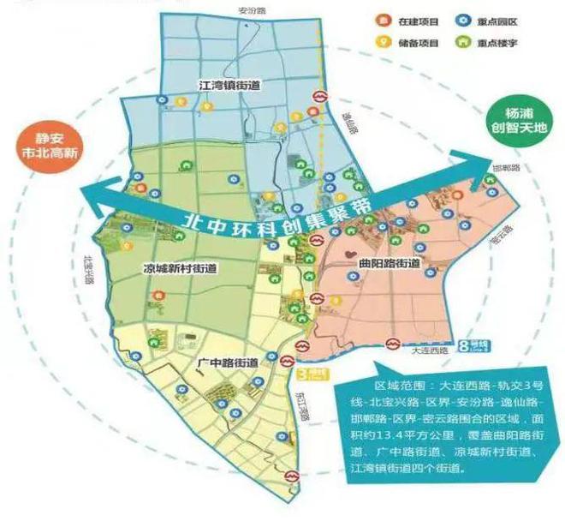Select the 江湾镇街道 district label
(229, 86)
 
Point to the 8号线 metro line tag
(477, 345)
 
